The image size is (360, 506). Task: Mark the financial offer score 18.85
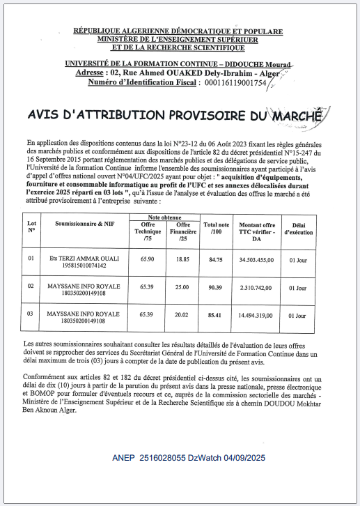[182, 259]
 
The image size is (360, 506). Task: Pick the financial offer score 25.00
[182, 286]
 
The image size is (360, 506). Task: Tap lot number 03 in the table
[31, 314]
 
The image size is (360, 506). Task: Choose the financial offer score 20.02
[182, 315]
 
